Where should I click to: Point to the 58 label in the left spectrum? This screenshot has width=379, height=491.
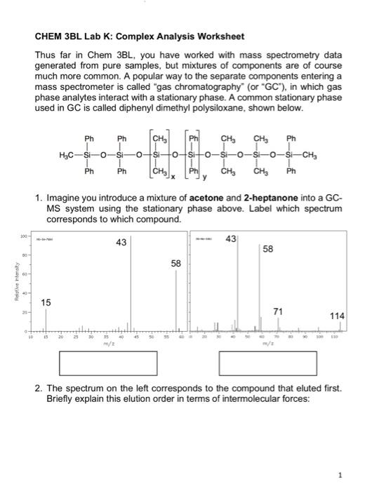(x=177, y=264)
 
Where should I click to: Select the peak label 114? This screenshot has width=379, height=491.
(x=336, y=316)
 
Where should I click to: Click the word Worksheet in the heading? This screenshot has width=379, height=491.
(x=211, y=36)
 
